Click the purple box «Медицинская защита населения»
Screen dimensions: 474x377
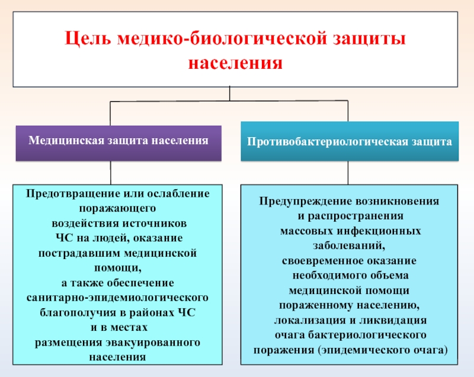click(x=118, y=142)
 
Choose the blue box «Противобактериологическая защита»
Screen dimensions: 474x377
click(x=350, y=142)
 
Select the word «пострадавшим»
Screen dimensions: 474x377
click(x=77, y=253)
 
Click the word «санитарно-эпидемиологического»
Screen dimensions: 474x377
click(x=118, y=296)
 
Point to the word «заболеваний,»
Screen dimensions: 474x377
click(x=350, y=245)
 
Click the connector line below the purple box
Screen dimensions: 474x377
click(x=111, y=172)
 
